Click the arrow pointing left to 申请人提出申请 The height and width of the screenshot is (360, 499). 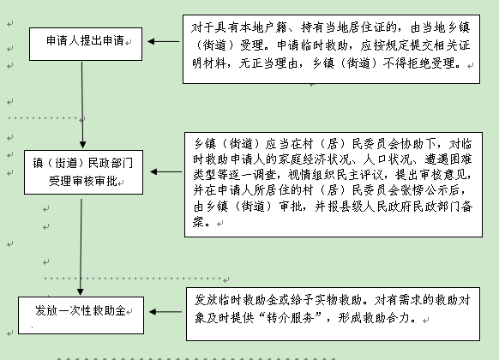[164, 41]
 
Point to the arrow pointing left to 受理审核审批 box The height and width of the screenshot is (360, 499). [166, 171]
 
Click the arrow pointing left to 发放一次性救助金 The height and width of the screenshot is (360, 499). [165, 312]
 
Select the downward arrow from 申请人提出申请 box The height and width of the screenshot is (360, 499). [82, 105]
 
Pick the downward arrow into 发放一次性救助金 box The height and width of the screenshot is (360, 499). [81, 247]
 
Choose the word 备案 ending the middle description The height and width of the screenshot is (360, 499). [333, 213]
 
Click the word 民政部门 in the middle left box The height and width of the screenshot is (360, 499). [110, 163]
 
